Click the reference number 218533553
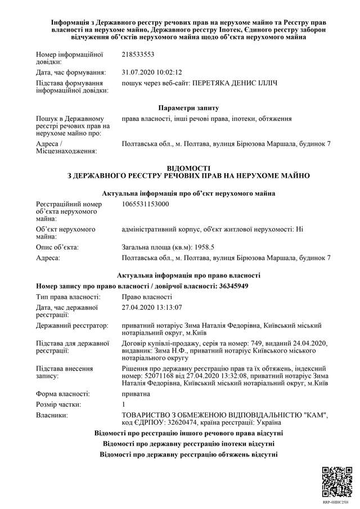coord(138,55)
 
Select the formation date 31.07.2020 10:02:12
coord(152,72)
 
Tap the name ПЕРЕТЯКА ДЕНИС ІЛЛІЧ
coord(235,83)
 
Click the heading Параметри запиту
coord(188,107)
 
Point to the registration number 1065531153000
coord(145,204)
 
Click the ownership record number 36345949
coord(233,286)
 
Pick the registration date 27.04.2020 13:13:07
coord(152,307)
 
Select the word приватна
coord(136,394)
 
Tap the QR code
coord(336,480)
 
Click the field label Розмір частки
coord(59,404)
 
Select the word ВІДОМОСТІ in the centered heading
coord(188,168)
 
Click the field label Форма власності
coord(62,394)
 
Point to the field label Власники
coord(52,415)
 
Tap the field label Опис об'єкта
coord(57,247)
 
